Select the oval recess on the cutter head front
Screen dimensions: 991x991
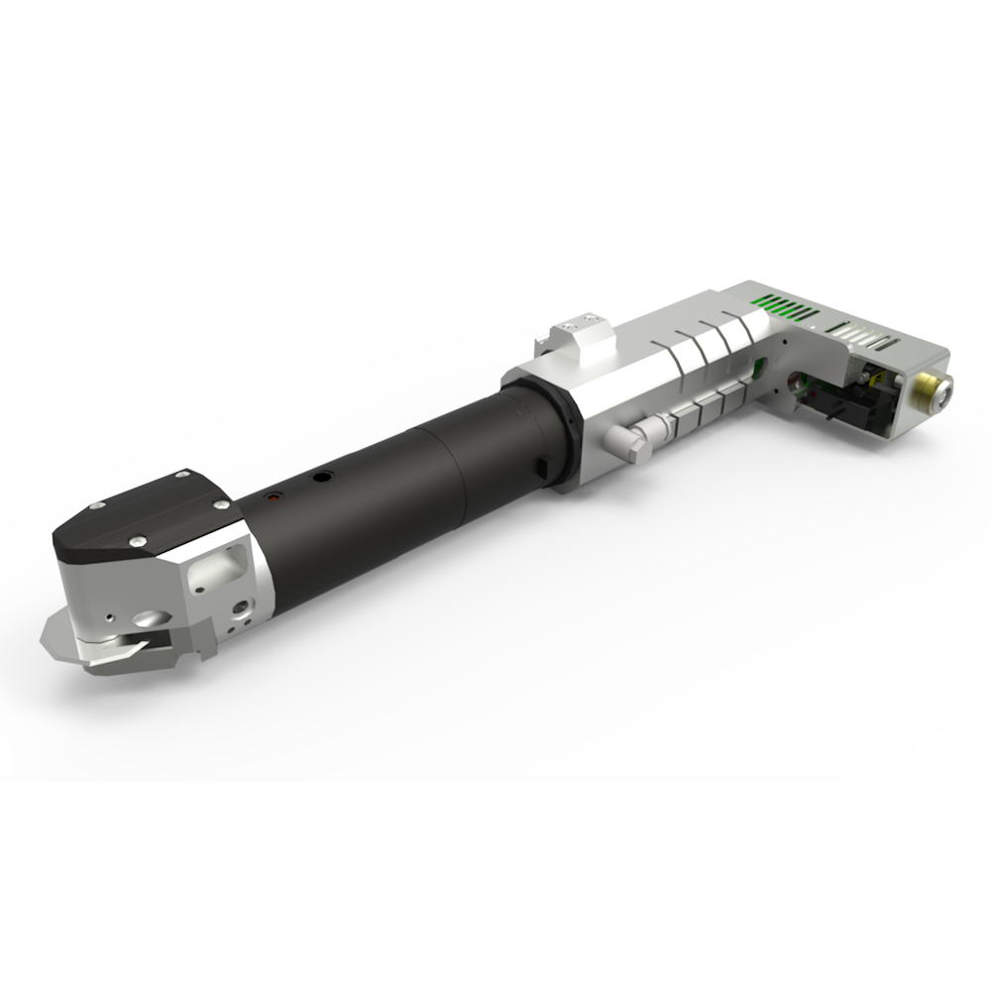click(x=146, y=618)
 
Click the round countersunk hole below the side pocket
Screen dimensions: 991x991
click(x=239, y=604)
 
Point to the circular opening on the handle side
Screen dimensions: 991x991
click(x=797, y=383)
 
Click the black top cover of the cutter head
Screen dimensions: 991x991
click(x=149, y=515)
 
